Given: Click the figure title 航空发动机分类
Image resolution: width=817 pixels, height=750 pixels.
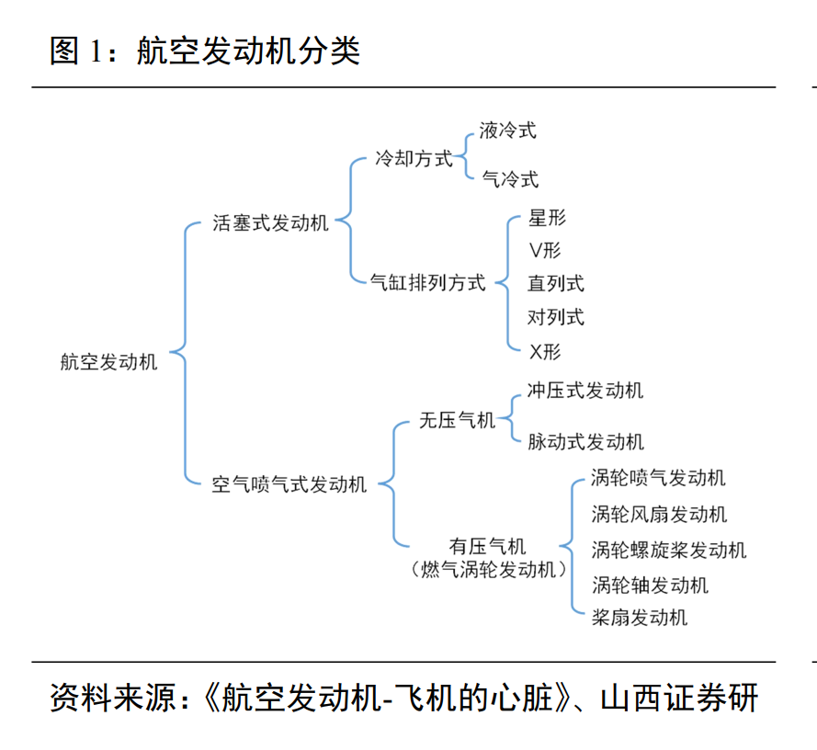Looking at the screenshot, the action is (x=248, y=51).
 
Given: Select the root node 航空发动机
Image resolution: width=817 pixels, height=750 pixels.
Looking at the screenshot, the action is (x=108, y=362).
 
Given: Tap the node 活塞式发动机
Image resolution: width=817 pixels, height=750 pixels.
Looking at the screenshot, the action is (x=270, y=223).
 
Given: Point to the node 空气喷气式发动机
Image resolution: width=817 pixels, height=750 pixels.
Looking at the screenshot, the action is (x=289, y=484).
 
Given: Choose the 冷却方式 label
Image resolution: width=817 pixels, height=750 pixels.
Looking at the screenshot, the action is (x=414, y=158).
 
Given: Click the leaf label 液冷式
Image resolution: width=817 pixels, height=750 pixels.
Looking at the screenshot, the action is (x=507, y=131).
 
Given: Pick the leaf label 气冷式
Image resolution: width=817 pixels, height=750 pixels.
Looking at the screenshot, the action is (x=510, y=179).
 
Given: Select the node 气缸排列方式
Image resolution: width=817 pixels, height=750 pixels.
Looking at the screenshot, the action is (x=427, y=282).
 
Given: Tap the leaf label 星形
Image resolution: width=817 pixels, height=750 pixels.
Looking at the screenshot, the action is (x=547, y=218).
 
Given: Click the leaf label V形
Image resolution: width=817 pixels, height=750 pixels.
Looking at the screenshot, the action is (x=545, y=251).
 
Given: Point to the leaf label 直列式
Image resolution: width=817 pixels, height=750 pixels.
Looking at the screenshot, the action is (x=556, y=283).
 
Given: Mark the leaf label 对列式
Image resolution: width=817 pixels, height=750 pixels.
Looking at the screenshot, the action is (x=556, y=317).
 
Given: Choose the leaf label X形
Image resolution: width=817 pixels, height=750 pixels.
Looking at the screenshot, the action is (x=545, y=352).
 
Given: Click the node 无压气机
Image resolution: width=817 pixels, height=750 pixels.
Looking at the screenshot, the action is (x=457, y=420).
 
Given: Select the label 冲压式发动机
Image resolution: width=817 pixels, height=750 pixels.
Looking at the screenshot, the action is (x=585, y=391).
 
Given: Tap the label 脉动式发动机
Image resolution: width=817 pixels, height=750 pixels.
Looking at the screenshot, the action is (x=585, y=441).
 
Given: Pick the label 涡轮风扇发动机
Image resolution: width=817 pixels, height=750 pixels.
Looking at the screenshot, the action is (x=659, y=515).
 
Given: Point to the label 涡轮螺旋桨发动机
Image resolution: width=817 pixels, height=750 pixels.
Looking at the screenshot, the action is (x=668, y=550).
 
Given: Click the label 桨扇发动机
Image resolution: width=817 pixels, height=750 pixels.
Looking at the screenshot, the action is (x=640, y=618).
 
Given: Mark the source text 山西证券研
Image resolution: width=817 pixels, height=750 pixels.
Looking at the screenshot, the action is (x=679, y=698).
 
